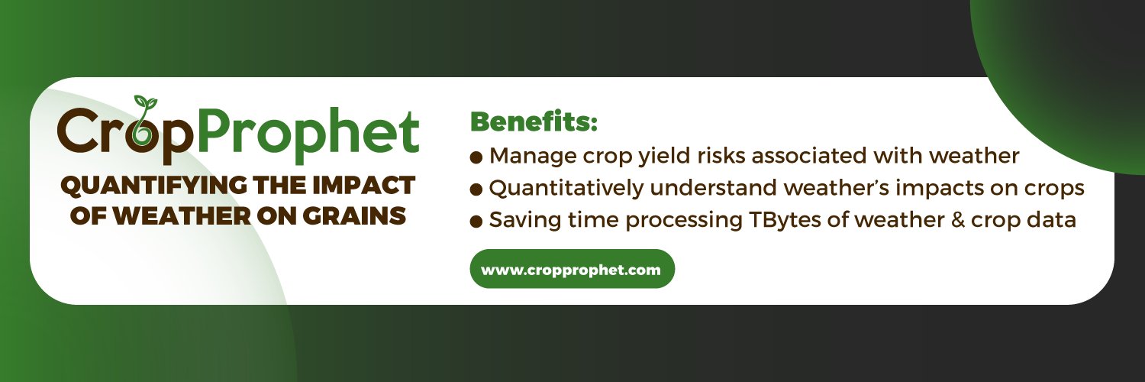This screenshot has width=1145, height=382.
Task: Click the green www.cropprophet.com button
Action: (x=572, y=269)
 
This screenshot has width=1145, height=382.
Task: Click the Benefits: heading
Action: (x=534, y=121)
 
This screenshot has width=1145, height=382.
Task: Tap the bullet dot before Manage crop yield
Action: (x=476, y=157)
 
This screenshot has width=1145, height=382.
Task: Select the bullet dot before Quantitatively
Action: (x=476, y=189)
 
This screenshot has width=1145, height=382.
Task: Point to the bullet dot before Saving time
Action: (x=476, y=222)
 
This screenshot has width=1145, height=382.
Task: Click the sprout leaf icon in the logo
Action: (x=145, y=103)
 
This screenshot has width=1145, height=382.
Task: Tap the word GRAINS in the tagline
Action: (x=354, y=215)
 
